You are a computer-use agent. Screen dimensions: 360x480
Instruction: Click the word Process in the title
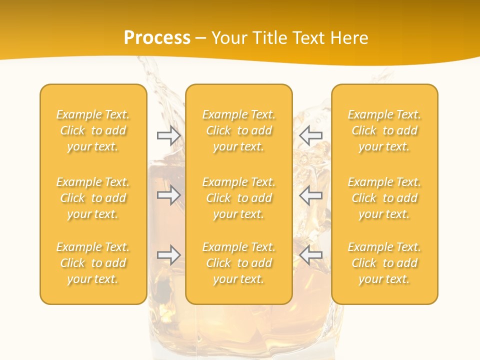click(x=157, y=38)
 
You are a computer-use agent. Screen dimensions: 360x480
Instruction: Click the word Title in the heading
click(x=269, y=38)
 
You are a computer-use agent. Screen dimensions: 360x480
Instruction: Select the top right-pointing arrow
click(x=168, y=135)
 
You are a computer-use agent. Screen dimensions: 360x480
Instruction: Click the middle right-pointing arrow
click(x=168, y=195)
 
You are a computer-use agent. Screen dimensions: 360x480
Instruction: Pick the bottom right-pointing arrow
click(x=168, y=255)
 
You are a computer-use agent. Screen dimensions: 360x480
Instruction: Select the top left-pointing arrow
click(x=311, y=135)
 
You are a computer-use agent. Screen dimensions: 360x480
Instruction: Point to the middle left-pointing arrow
click(x=311, y=195)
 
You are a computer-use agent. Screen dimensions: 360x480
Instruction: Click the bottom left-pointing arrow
click(x=311, y=255)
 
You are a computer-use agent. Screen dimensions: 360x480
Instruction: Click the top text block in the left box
click(x=93, y=130)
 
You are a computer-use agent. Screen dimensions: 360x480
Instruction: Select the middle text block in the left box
click(x=93, y=198)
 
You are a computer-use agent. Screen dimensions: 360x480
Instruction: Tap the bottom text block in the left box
click(x=93, y=263)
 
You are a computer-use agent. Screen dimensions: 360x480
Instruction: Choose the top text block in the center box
click(x=238, y=130)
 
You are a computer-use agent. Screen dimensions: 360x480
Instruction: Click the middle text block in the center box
click(x=238, y=198)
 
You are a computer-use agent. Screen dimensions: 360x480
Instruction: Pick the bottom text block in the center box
click(x=238, y=263)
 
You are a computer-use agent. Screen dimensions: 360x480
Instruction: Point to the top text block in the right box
click(x=384, y=130)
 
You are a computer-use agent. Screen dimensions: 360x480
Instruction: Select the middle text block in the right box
click(x=384, y=198)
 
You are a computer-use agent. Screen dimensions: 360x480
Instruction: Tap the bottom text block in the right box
click(x=384, y=263)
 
